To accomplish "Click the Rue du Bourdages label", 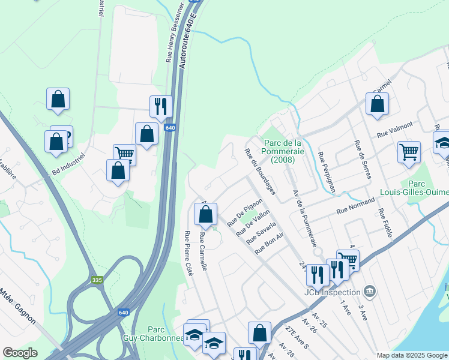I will (x=260, y=172).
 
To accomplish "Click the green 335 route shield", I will (x=97, y=280).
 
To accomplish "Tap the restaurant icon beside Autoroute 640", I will (x=161, y=106).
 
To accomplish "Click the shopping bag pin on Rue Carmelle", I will (x=205, y=214).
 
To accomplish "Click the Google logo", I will (x=20, y=353).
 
